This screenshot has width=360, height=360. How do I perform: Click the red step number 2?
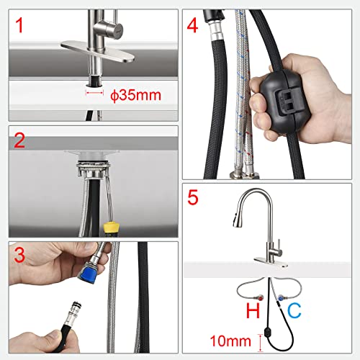(x=19, y=140)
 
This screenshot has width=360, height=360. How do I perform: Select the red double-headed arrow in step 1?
(x=94, y=92)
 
